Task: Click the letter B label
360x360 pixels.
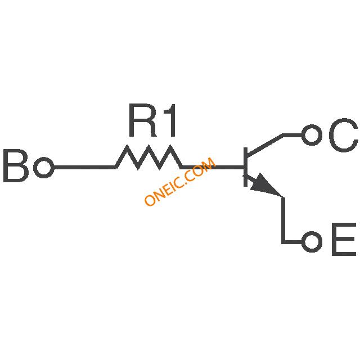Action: pyautogui.click(x=16, y=166)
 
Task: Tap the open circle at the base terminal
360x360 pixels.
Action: pyautogui.click(x=44, y=168)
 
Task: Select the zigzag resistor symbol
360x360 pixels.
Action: pyautogui.click(x=148, y=157)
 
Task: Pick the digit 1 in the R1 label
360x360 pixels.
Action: pyautogui.click(x=170, y=120)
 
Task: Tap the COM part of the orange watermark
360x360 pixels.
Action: pyautogui.click(x=201, y=169)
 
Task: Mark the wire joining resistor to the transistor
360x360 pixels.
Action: pyautogui.click(x=213, y=167)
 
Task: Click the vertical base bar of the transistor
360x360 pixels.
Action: pyautogui.click(x=245, y=167)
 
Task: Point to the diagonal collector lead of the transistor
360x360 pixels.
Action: pyautogui.click(x=265, y=145)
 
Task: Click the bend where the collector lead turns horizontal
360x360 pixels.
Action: pyautogui.click(x=283, y=135)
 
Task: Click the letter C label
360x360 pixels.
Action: pyautogui.click(x=344, y=135)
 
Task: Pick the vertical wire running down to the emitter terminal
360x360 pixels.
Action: pyautogui.click(x=283, y=219)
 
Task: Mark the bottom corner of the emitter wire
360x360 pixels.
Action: pyautogui.click(x=283, y=242)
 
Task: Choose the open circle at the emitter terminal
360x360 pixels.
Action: pyautogui.click(x=312, y=242)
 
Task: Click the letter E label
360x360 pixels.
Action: pyautogui.click(x=344, y=239)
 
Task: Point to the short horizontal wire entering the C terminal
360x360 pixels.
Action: pyautogui.click(x=292, y=135)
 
